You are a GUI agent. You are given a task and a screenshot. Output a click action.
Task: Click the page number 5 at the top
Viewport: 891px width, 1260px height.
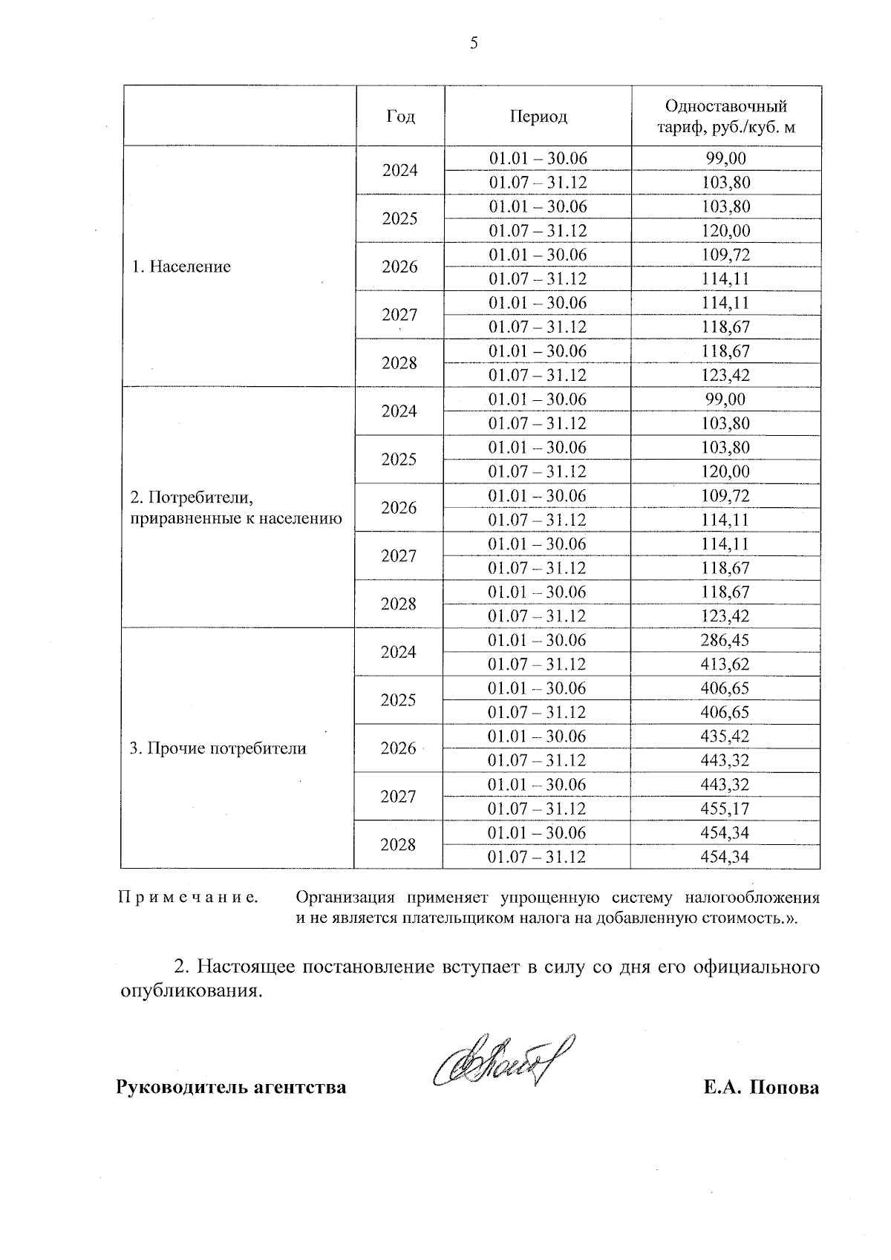tap(474, 44)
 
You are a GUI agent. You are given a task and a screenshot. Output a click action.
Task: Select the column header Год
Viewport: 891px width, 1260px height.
tap(401, 117)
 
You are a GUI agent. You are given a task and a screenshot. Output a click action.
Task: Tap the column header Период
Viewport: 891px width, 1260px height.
tap(538, 117)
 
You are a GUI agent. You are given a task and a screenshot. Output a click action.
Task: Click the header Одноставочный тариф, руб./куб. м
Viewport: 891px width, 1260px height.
tap(725, 117)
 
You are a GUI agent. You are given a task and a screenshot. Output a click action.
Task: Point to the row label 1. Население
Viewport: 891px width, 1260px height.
tap(181, 267)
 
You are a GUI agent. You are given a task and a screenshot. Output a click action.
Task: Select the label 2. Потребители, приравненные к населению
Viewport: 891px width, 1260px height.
tap(236, 508)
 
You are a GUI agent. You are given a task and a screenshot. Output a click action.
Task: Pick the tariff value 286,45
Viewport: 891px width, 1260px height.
tap(725, 640)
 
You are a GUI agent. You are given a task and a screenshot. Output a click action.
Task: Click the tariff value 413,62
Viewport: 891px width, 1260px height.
tap(725, 665)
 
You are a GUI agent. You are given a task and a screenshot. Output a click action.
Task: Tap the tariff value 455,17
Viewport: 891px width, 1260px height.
tap(725, 809)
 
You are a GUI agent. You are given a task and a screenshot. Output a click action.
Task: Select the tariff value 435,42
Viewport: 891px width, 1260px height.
tap(725, 737)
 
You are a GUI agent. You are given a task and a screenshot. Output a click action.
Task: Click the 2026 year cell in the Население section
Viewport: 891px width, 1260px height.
tap(399, 267)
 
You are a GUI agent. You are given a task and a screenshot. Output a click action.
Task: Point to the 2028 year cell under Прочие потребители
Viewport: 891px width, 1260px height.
tap(398, 845)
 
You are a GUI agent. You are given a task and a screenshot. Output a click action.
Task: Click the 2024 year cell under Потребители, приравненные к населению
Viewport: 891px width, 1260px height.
tap(399, 411)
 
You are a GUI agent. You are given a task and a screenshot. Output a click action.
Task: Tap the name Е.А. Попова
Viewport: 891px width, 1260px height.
tap(762, 1088)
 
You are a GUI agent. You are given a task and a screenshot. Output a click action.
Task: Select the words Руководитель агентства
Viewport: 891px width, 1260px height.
tap(231, 1088)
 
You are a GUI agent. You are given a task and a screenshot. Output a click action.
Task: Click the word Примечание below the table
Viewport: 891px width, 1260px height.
tap(189, 898)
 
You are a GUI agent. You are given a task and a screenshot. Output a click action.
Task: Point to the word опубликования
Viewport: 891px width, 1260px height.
tap(192, 992)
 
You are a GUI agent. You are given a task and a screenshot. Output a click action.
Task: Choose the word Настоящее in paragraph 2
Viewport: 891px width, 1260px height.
tap(247, 967)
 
